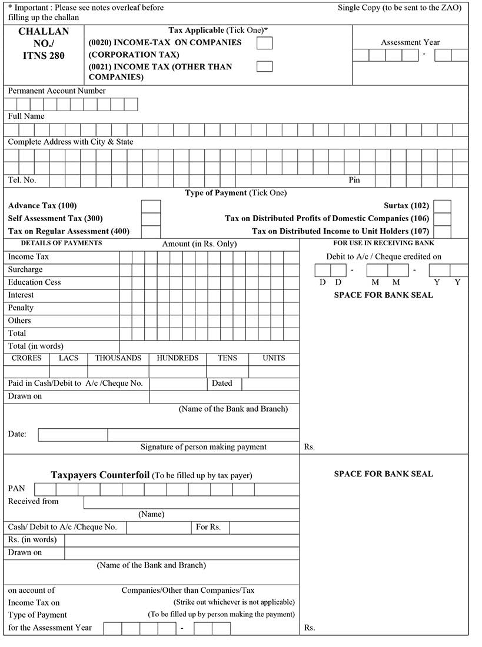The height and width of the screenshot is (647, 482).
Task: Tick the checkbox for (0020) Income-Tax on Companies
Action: pyautogui.click(x=265, y=43)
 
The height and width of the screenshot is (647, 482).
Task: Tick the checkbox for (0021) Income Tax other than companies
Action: pyautogui.click(x=265, y=66)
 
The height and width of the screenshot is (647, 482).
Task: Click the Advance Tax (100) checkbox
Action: pyautogui.click(x=151, y=206)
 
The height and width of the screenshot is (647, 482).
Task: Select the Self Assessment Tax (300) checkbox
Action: pyautogui.click(x=151, y=219)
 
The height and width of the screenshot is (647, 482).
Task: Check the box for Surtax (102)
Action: pyautogui.click(x=442, y=206)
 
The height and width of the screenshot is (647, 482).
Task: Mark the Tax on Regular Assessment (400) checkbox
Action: pyautogui.click(x=151, y=232)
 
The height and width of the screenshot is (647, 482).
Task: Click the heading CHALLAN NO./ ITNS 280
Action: pyautogui.click(x=44, y=44)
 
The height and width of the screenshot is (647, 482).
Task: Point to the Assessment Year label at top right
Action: pyautogui.click(x=410, y=42)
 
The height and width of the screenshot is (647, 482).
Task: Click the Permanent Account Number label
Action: pyautogui.click(x=56, y=91)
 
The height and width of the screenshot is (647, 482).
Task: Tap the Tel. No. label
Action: pyautogui.click(x=22, y=181)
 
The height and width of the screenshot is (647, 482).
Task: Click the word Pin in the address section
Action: pyautogui.click(x=354, y=181)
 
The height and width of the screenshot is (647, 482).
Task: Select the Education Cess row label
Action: pyautogui.click(x=34, y=282)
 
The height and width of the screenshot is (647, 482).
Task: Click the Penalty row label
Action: pyautogui.click(x=21, y=308)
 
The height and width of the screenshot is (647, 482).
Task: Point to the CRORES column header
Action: pyautogui.click(x=26, y=358)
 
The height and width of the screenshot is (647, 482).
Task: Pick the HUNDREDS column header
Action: pyautogui.click(x=177, y=358)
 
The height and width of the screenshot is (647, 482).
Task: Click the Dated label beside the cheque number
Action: pyautogui.click(x=222, y=383)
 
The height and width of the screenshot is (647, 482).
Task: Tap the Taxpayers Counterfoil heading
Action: pyautogui.click(x=100, y=475)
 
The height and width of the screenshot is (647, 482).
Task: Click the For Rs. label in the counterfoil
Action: pyautogui.click(x=208, y=527)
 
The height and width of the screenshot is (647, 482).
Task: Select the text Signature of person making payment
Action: pyautogui.click(x=203, y=447)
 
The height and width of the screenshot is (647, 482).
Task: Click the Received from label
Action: pyautogui.click(x=33, y=502)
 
